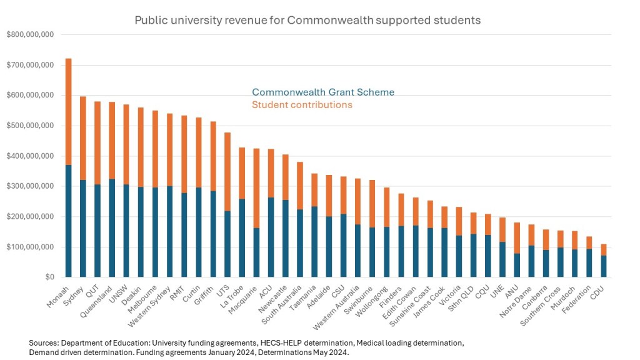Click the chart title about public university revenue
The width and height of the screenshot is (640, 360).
(x=307, y=20)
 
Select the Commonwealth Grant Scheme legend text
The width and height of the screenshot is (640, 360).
(x=323, y=92)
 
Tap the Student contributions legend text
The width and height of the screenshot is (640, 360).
(x=302, y=105)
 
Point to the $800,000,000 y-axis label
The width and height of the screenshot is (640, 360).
(x=29, y=34)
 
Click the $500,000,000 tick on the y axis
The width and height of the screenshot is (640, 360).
(x=29, y=126)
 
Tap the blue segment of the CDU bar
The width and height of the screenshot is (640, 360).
(x=604, y=266)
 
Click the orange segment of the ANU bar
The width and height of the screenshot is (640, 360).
(x=517, y=238)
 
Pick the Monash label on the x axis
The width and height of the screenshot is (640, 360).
(x=58, y=293)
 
